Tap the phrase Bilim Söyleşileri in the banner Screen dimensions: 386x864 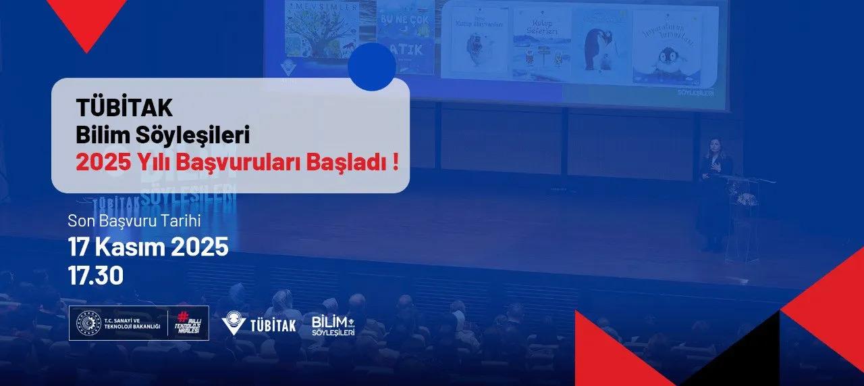tap(163, 135)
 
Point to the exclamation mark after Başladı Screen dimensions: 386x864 tap(394, 164)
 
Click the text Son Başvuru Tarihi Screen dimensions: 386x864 tap(134, 221)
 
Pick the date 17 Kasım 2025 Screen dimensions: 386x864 tap(148, 248)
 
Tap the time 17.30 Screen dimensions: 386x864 tap(95, 276)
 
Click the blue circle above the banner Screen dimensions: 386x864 tap(372, 67)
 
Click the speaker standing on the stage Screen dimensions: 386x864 tap(715, 193)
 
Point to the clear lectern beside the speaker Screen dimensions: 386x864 tap(744, 216)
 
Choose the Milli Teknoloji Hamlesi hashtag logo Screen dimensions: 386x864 tap(190, 323)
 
